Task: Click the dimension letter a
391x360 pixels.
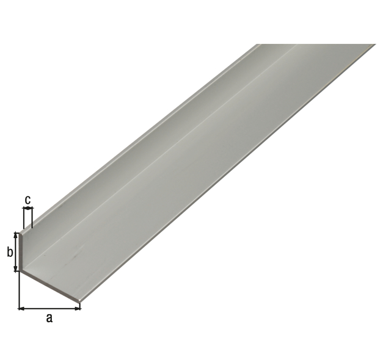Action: (49, 319)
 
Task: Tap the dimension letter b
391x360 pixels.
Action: (10, 252)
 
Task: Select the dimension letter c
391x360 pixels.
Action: (28, 200)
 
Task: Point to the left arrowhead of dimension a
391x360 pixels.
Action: (21, 309)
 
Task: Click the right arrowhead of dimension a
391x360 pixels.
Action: (78, 309)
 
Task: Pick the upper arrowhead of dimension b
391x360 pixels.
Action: (16, 235)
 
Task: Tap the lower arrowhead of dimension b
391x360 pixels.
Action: (16, 268)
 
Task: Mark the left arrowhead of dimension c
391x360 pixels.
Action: (25, 208)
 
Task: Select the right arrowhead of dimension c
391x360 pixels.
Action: (31, 208)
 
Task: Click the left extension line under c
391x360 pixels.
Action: (23, 218)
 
